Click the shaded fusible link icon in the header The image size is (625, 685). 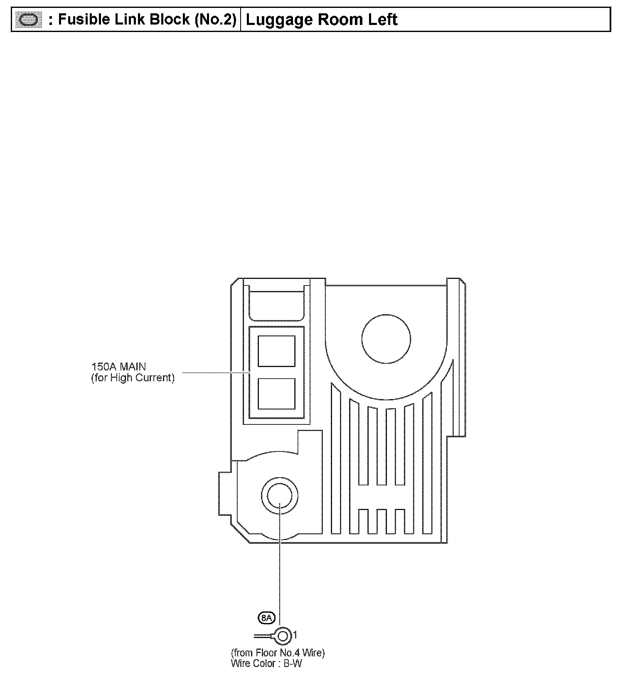29,20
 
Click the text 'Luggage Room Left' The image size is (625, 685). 321,20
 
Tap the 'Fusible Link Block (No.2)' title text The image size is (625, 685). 147,20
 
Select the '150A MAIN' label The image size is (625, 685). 118,367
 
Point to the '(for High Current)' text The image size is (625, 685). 133,378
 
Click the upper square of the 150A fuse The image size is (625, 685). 276,351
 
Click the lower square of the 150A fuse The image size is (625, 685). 276,394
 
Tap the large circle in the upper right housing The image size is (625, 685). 386,339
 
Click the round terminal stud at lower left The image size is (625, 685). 280,495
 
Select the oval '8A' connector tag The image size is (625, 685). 267,618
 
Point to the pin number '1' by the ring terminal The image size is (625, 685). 295,635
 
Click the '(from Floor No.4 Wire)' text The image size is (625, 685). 278,653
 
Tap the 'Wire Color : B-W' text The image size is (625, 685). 266,663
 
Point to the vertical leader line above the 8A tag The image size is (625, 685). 280,574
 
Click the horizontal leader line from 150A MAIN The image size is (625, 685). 212,373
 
